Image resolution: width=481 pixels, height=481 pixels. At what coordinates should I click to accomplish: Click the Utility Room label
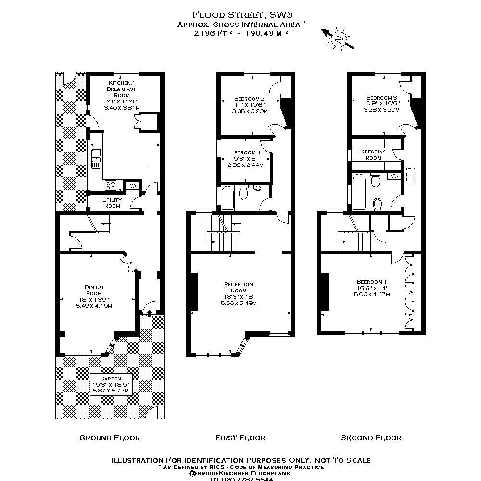click(x=112, y=203)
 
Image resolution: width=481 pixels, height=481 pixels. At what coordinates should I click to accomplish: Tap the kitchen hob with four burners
click(x=111, y=185)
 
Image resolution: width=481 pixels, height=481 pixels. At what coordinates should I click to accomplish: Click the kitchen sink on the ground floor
click(x=97, y=159)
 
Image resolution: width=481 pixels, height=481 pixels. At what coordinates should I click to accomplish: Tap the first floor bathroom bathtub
click(x=228, y=198)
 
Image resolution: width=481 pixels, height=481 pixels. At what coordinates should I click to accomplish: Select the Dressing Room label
click(x=373, y=154)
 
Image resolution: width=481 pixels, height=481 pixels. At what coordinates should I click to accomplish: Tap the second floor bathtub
click(x=359, y=192)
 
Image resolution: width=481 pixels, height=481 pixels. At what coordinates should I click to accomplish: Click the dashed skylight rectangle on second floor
click(x=410, y=175)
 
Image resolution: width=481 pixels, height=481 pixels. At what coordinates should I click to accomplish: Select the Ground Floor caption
click(x=110, y=438)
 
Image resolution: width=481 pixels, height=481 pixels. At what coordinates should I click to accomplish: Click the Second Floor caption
click(x=371, y=438)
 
